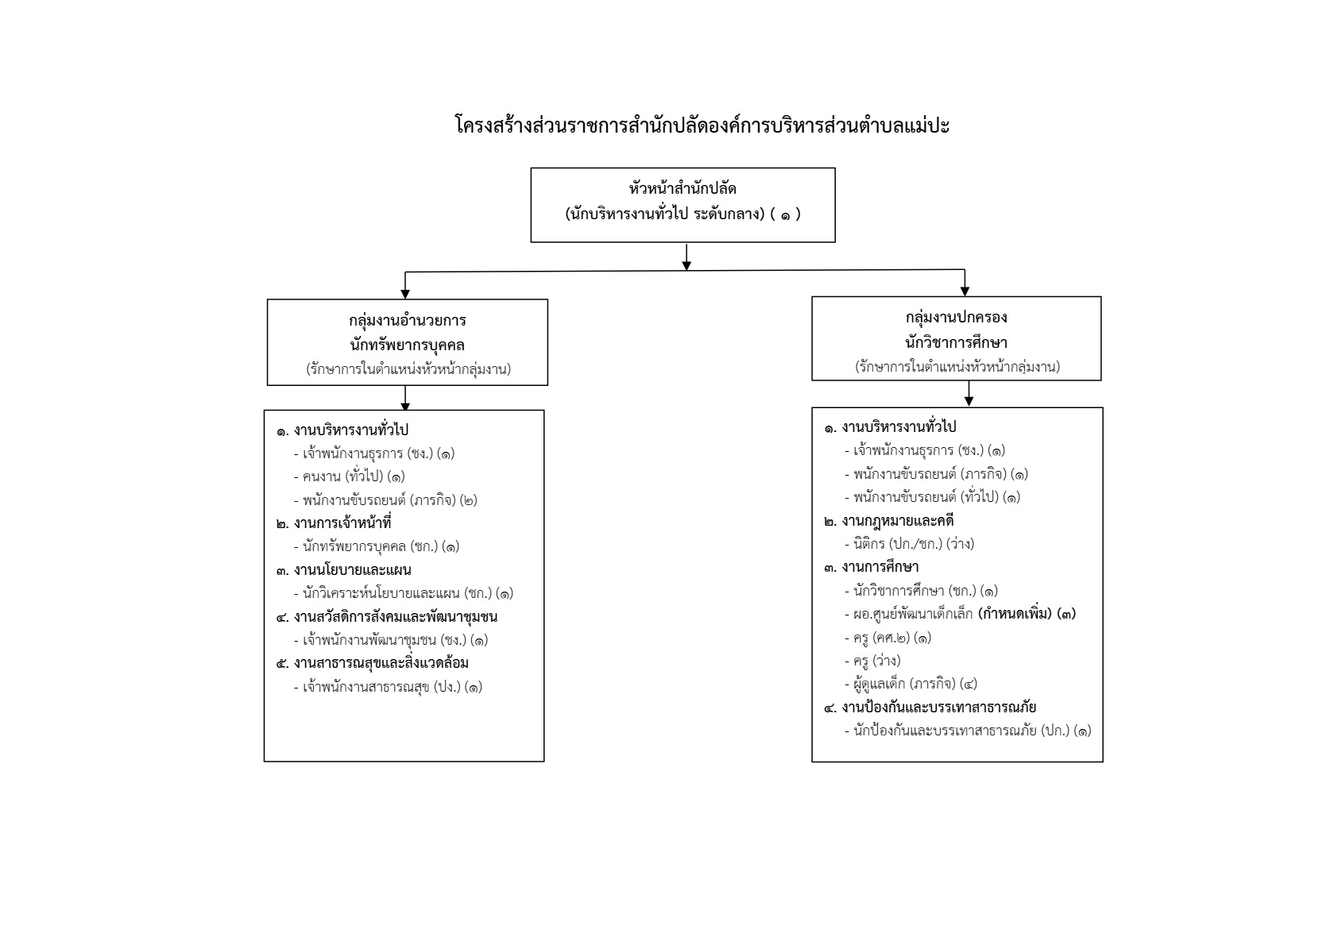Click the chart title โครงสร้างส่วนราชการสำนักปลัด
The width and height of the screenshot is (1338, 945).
click(x=702, y=125)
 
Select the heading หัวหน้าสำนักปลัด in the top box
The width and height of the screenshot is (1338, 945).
click(x=683, y=189)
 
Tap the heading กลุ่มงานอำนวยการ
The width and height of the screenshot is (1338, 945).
click(x=407, y=321)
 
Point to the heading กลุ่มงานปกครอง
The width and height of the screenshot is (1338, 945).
click(x=956, y=318)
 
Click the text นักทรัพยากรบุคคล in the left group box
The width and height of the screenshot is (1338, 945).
click(x=407, y=345)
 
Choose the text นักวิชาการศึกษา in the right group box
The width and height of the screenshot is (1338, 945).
click(x=956, y=343)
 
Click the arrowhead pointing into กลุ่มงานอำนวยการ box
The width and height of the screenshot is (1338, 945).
click(x=405, y=294)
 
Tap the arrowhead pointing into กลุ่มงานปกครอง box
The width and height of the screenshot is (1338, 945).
click(x=965, y=291)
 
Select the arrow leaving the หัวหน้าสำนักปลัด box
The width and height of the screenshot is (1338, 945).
click(x=686, y=257)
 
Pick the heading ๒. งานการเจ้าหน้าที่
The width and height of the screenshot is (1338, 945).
click(x=334, y=523)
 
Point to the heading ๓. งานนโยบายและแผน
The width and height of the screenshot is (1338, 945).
click(x=343, y=570)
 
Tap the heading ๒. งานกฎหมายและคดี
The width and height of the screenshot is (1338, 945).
click(x=888, y=521)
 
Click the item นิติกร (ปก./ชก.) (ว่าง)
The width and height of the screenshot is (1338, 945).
click(x=909, y=544)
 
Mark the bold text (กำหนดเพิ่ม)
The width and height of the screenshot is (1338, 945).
click(x=1015, y=614)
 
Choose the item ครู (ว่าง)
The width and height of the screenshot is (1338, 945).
click(x=872, y=661)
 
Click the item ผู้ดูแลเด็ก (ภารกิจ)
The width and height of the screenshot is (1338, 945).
click(x=911, y=684)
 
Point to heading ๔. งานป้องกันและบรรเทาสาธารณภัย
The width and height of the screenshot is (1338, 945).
click(x=930, y=708)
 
